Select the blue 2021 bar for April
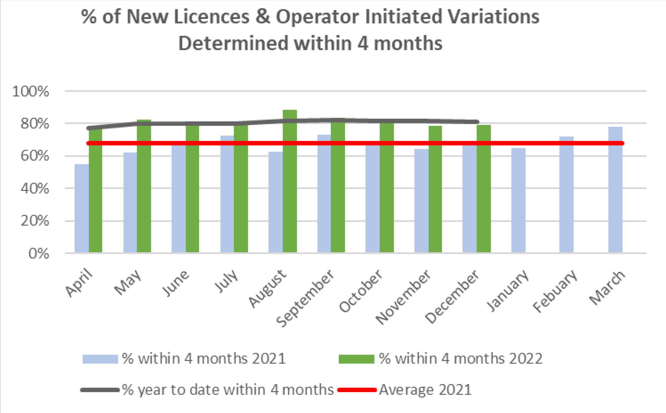pos(82,208)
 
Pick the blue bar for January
pos(518,200)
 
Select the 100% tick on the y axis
pos(30,92)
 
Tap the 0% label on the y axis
pos(39,254)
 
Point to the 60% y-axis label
pos(35,156)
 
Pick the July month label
pos(227,281)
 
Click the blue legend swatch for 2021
pos(100,359)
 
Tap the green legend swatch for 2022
pos(356,359)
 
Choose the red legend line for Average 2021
pos(357,390)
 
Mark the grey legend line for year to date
pos(100,390)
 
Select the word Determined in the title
pos(234,43)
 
